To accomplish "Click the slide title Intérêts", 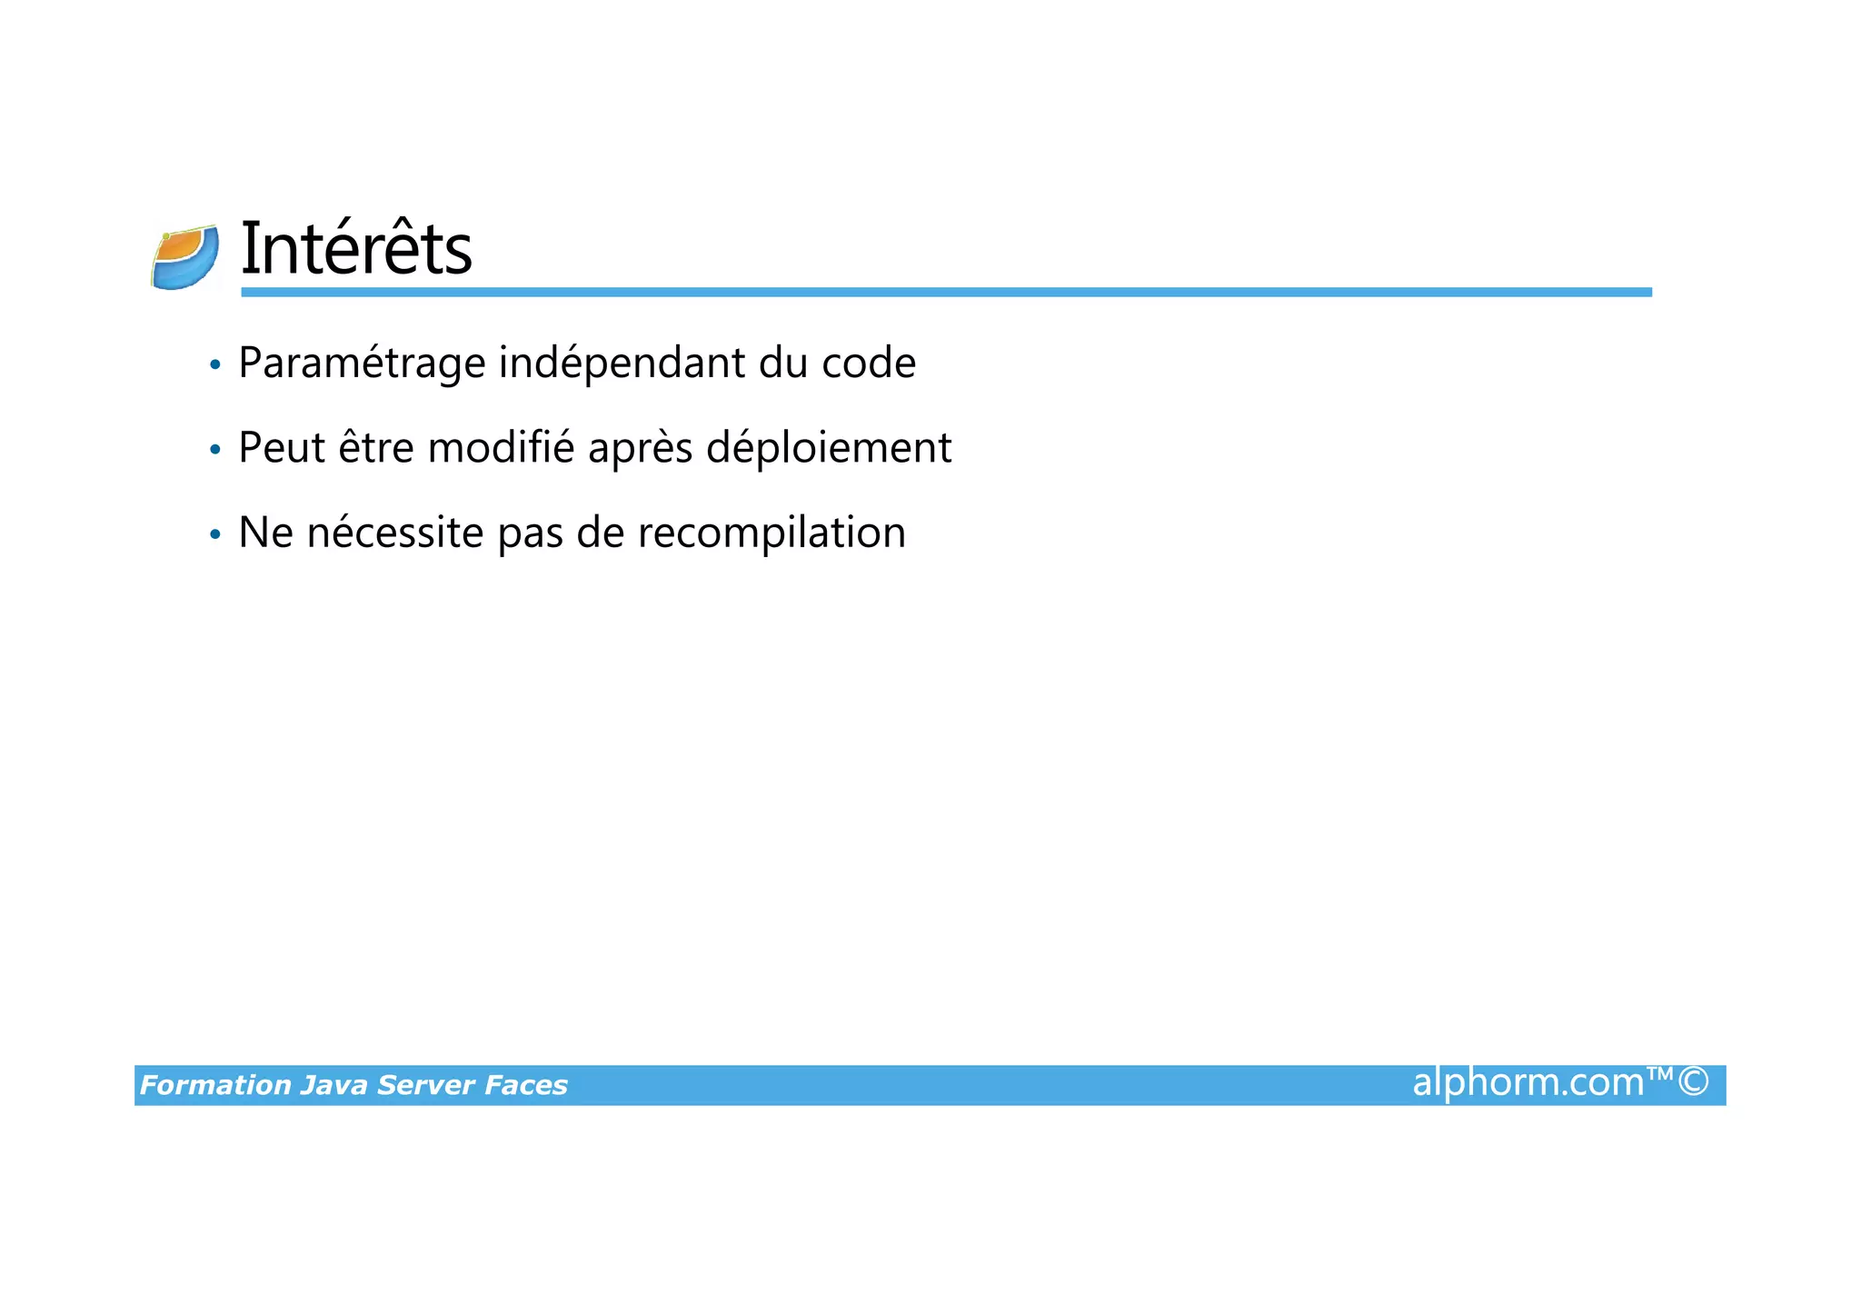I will tap(355, 249).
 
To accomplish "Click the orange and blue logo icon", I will tap(185, 258).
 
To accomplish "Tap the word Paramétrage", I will tap(362, 364).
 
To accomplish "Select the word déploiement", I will tap(829, 448).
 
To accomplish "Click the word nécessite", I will tap(395, 533).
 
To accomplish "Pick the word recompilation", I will tap(771, 533).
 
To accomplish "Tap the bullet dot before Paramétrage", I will tap(214, 365).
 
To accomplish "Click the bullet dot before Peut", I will tap(214, 450).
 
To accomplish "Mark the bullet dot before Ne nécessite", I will tap(214, 534).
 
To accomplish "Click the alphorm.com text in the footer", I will tap(1528, 1083).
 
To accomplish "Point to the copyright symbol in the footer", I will tap(1694, 1082).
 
